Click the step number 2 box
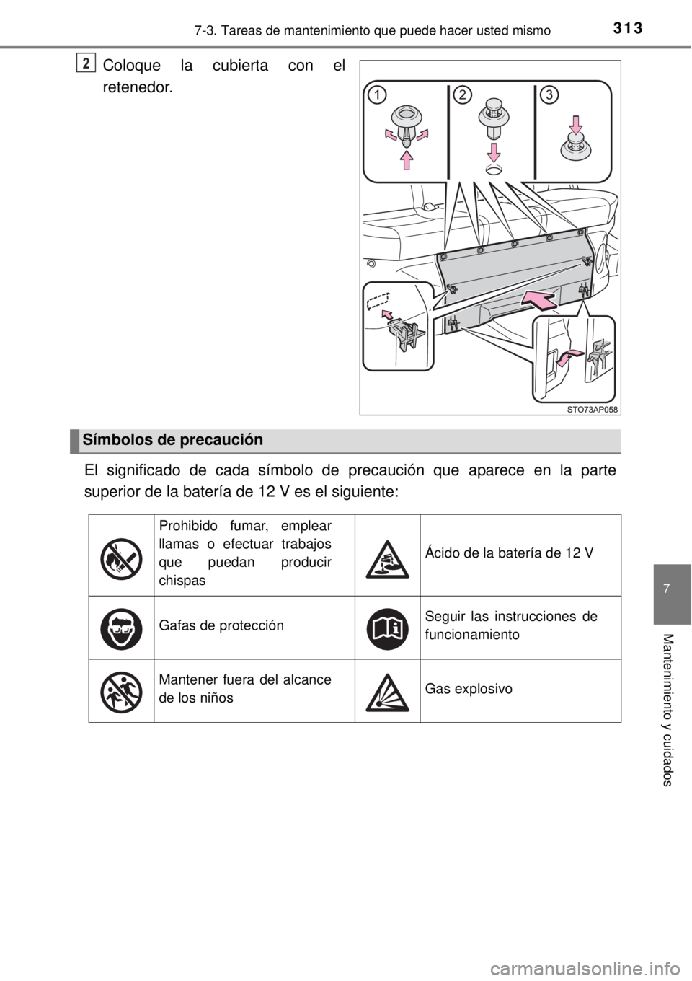click(x=86, y=63)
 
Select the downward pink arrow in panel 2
click(x=494, y=152)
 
